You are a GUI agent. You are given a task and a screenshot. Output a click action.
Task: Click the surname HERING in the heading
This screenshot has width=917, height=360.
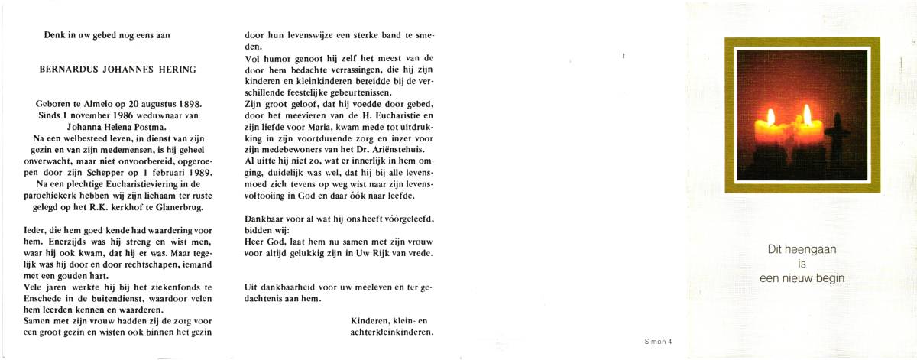[175, 69]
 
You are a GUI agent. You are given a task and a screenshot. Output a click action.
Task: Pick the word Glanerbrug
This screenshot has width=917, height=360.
[171, 207]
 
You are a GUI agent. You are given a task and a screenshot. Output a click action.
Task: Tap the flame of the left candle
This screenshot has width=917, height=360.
[770, 117]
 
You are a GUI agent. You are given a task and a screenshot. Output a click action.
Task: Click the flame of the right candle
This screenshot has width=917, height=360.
[807, 115]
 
